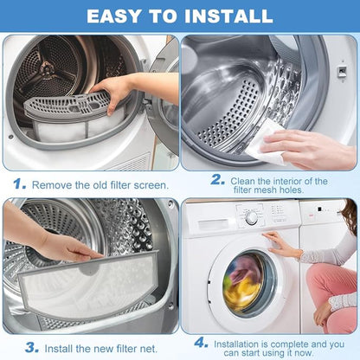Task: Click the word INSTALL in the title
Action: click(228, 16)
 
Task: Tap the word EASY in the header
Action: click(113, 16)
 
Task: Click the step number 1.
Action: click(19, 184)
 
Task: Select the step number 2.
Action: click(218, 180)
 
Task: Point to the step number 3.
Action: click(32, 348)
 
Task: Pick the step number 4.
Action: click(201, 343)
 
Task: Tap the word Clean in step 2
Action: click(242, 181)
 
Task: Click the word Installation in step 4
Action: click(236, 344)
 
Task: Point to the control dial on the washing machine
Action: click(252, 218)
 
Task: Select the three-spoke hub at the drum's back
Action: click(46, 69)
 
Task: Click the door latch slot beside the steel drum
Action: click(342, 70)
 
